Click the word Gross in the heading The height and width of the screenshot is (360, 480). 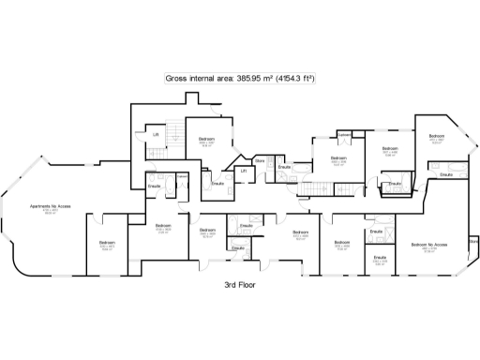coord(174,80)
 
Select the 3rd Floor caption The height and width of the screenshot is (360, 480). coord(240,284)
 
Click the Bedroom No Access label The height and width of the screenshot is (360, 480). coord(427,244)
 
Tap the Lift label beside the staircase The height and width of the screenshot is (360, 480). coord(156,135)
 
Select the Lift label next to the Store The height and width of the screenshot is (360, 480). coord(243,171)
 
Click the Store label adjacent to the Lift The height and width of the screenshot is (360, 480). coord(260,161)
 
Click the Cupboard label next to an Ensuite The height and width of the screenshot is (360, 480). coord(183,175)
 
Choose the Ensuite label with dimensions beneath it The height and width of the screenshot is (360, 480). coord(380,256)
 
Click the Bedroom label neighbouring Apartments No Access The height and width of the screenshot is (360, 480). coord(107,243)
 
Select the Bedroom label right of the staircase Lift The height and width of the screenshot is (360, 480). coord(206,139)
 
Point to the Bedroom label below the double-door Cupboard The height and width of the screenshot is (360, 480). coord(338,158)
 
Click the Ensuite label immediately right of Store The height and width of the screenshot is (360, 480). coord(283,167)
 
